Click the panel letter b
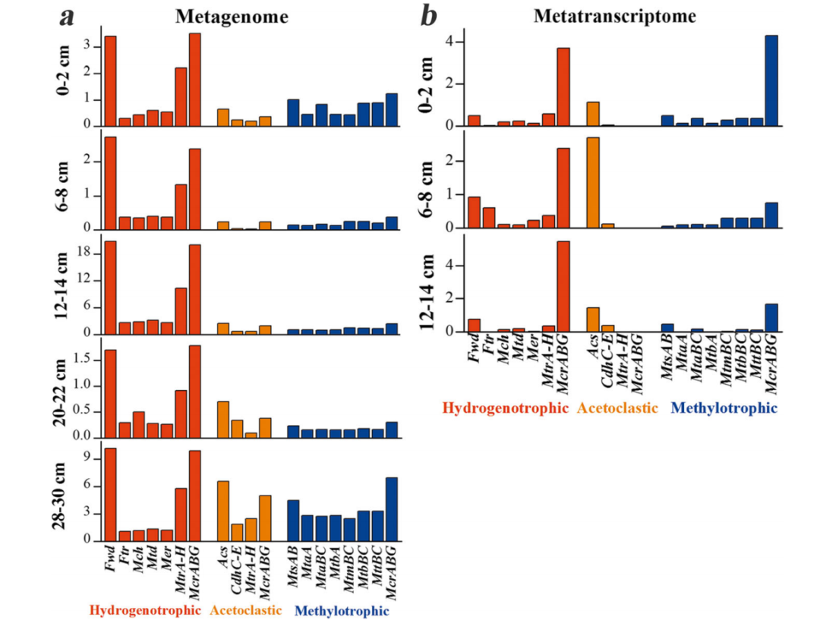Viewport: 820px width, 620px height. [429, 17]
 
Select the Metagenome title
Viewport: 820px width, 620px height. [223, 16]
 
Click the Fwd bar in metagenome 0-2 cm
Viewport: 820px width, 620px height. [110, 80]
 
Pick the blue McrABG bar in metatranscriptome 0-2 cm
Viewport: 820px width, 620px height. [771, 80]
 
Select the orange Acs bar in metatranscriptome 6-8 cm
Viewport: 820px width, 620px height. [593, 182]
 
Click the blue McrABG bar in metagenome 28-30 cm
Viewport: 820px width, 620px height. [392, 509]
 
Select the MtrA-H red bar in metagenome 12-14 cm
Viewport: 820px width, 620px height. [181, 310]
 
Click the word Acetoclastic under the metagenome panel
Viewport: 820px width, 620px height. [246, 610]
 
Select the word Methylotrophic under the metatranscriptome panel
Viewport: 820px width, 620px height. [724, 408]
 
